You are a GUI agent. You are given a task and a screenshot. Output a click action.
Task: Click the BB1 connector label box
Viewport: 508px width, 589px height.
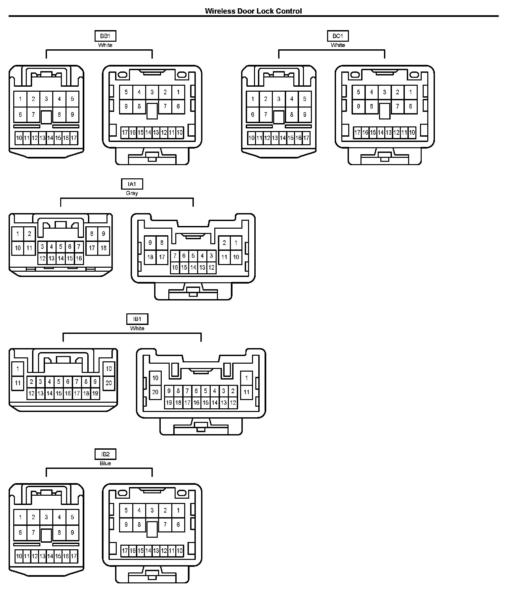(105, 36)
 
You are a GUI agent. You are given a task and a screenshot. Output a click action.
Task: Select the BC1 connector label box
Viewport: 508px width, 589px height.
(338, 36)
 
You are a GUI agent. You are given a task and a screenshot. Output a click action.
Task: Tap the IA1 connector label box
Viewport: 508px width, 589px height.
(132, 184)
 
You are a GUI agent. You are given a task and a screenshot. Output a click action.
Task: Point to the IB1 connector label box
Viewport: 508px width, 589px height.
(137, 319)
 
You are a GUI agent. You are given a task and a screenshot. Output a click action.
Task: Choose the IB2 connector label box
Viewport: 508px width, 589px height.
(105, 454)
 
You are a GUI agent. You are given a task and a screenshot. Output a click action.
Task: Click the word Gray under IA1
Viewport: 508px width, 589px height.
(132, 193)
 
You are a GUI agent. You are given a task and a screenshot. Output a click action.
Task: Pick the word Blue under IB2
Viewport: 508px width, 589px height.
(105, 464)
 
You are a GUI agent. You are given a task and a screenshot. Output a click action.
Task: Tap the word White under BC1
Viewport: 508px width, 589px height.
(338, 45)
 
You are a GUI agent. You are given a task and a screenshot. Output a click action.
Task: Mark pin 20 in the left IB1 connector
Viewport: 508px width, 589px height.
(109, 383)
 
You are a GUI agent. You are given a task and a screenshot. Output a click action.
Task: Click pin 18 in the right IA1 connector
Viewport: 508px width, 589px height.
(150, 257)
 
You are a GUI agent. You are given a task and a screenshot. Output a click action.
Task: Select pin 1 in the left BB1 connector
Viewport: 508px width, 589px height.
(21, 99)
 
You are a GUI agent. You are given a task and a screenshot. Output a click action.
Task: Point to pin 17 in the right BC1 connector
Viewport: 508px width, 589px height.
(357, 133)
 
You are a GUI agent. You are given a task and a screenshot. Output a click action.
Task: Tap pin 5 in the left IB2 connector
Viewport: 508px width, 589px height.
(72, 517)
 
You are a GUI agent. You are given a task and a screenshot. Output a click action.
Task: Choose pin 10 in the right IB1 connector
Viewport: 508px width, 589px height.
(155, 378)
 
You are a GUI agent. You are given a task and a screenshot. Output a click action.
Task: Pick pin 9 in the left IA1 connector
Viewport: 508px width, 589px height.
(104, 234)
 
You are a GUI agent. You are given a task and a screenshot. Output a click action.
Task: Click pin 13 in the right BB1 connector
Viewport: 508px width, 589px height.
(156, 133)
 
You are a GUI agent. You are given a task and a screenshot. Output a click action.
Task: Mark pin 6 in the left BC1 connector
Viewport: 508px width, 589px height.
(253, 114)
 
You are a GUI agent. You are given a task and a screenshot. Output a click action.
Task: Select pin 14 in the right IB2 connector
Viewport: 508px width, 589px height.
(148, 551)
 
